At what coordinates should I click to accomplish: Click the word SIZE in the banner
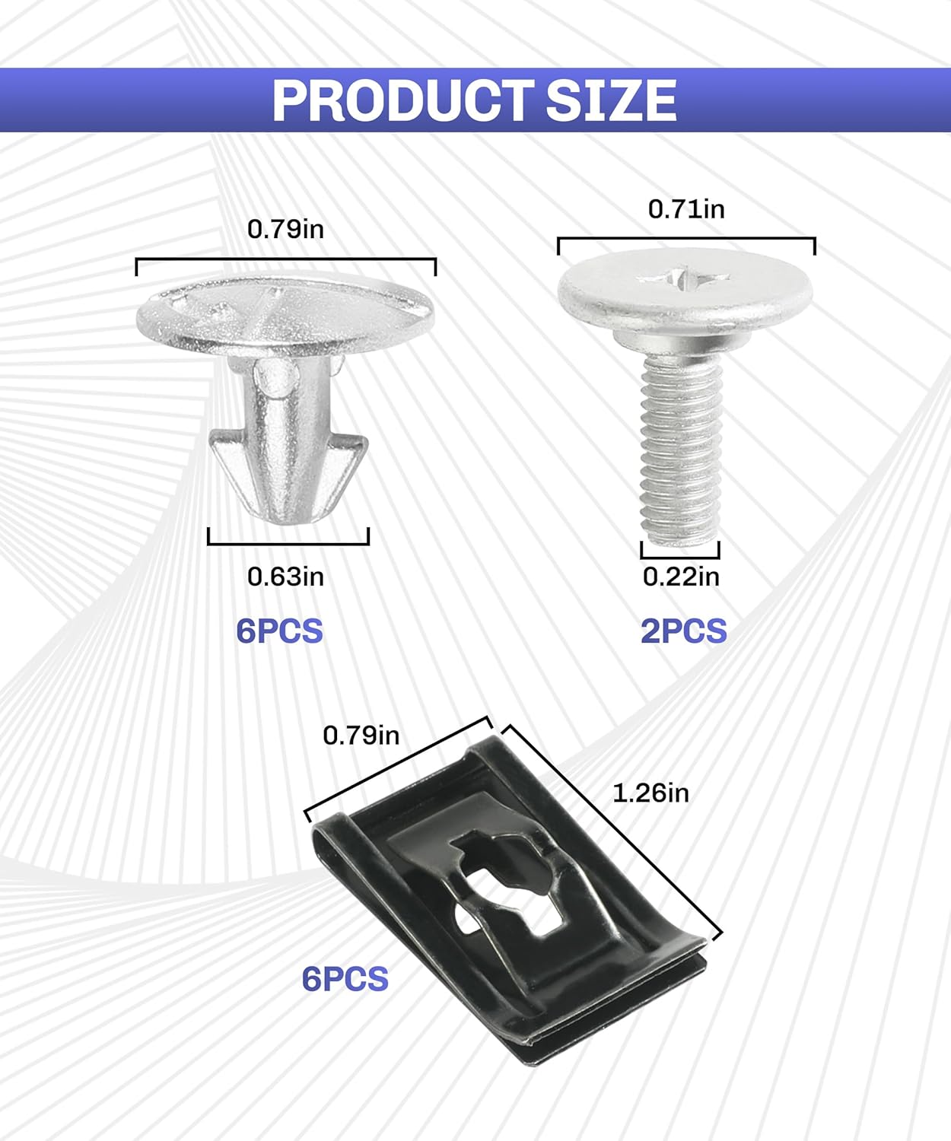(x=611, y=100)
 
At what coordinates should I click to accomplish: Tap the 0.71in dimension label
(x=686, y=209)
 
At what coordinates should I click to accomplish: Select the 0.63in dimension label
(x=285, y=577)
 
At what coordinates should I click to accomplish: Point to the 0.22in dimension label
(x=681, y=577)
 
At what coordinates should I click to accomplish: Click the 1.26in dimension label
(x=650, y=793)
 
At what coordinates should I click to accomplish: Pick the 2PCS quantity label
(x=684, y=631)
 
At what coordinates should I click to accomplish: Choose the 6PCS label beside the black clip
(x=345, y=979)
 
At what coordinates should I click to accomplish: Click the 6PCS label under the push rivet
(x=279, y=631)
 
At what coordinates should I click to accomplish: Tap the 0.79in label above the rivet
(x=285, y=229)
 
